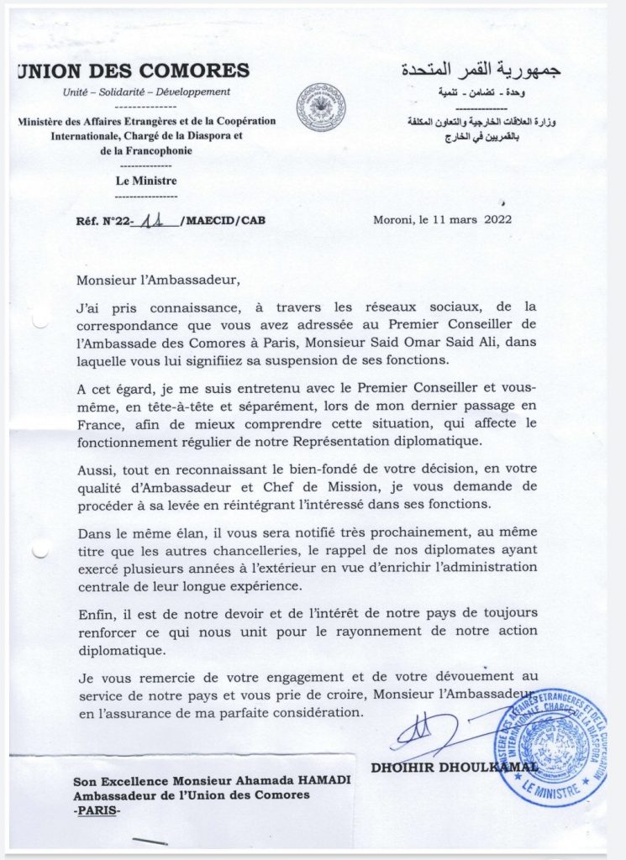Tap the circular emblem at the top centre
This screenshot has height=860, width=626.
[320, 107]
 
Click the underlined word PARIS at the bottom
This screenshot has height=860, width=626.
[97, 810]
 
